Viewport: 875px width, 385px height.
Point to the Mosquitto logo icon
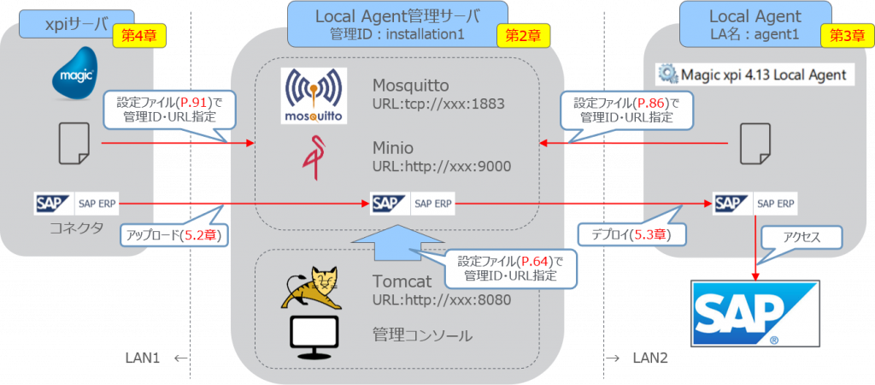click(313, 95)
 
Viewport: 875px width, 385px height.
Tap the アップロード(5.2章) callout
click(174, 234)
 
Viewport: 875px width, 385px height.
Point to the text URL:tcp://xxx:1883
click(438, 104)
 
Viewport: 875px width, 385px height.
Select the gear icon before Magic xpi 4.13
click(667, 74)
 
